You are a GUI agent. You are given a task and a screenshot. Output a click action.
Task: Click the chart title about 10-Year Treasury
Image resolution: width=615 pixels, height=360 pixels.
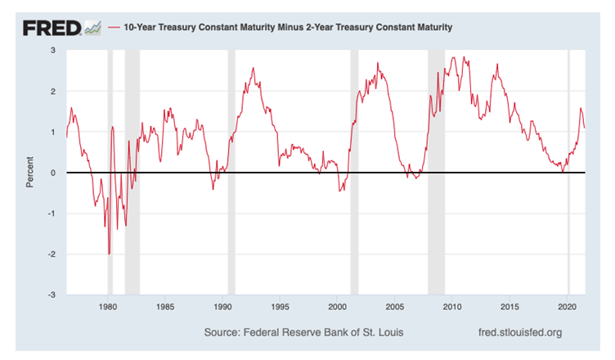[x=287, y=28]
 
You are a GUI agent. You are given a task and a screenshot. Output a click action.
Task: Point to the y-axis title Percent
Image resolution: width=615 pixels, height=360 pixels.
[x=30, y=172]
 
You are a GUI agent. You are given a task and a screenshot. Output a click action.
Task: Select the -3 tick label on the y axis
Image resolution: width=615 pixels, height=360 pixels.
[x=51, y=295]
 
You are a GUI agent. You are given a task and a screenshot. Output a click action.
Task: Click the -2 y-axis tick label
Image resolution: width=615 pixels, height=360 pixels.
[x=51, y=254]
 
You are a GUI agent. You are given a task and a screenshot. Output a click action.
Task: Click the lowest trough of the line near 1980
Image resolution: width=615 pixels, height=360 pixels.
[x=109, y=254]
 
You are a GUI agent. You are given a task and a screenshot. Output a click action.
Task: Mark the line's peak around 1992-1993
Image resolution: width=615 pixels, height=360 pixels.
[x=253, y=68]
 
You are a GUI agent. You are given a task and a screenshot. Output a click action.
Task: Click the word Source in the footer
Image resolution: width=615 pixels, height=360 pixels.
[x=222, y=333]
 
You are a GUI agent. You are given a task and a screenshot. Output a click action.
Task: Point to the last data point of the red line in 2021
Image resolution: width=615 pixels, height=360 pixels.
[x=585, y=127]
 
